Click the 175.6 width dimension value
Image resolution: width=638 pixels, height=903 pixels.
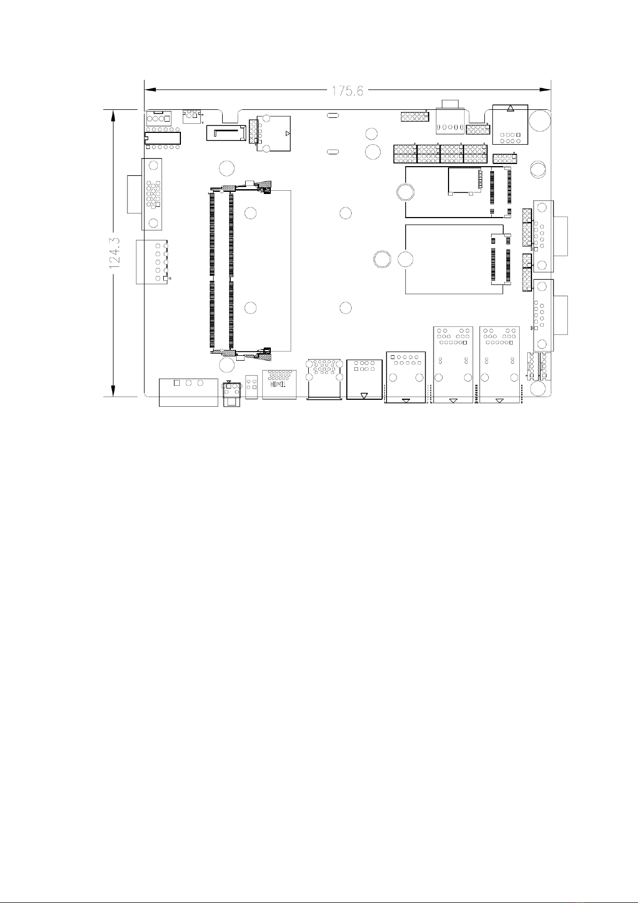point(347,91)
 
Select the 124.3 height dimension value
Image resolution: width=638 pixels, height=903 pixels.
point(115,253)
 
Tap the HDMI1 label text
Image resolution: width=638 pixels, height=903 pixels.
point(278,384)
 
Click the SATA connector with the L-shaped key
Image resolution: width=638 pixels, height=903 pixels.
point(226,133)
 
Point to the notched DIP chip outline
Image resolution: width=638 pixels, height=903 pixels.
point(163,138)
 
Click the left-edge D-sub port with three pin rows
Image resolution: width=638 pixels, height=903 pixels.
point(152,195)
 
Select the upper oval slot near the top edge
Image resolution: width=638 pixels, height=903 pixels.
point(333,116)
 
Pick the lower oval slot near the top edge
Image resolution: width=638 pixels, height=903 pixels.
point(333,152)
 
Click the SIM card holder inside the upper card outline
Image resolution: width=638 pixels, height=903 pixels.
point(465,181)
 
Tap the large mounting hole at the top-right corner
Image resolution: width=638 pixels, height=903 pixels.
point(540,120)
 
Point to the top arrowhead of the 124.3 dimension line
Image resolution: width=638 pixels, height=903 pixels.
point(113,115)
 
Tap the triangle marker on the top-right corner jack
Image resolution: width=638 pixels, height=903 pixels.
point(511,108)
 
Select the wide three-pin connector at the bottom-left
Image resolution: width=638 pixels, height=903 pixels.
point(188,392)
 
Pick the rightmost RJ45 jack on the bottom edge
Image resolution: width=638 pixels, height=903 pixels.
point(499,364)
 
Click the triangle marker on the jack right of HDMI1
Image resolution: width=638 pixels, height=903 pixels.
point(364,395)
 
